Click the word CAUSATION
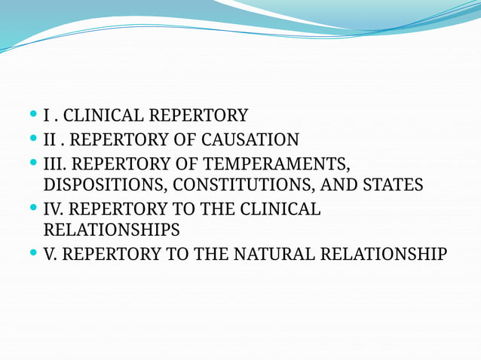click(250, 140)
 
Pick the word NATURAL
click(274, 255)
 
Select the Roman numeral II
click(50, 140)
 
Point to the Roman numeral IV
click(52, 209)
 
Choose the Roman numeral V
click(50, 255)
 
